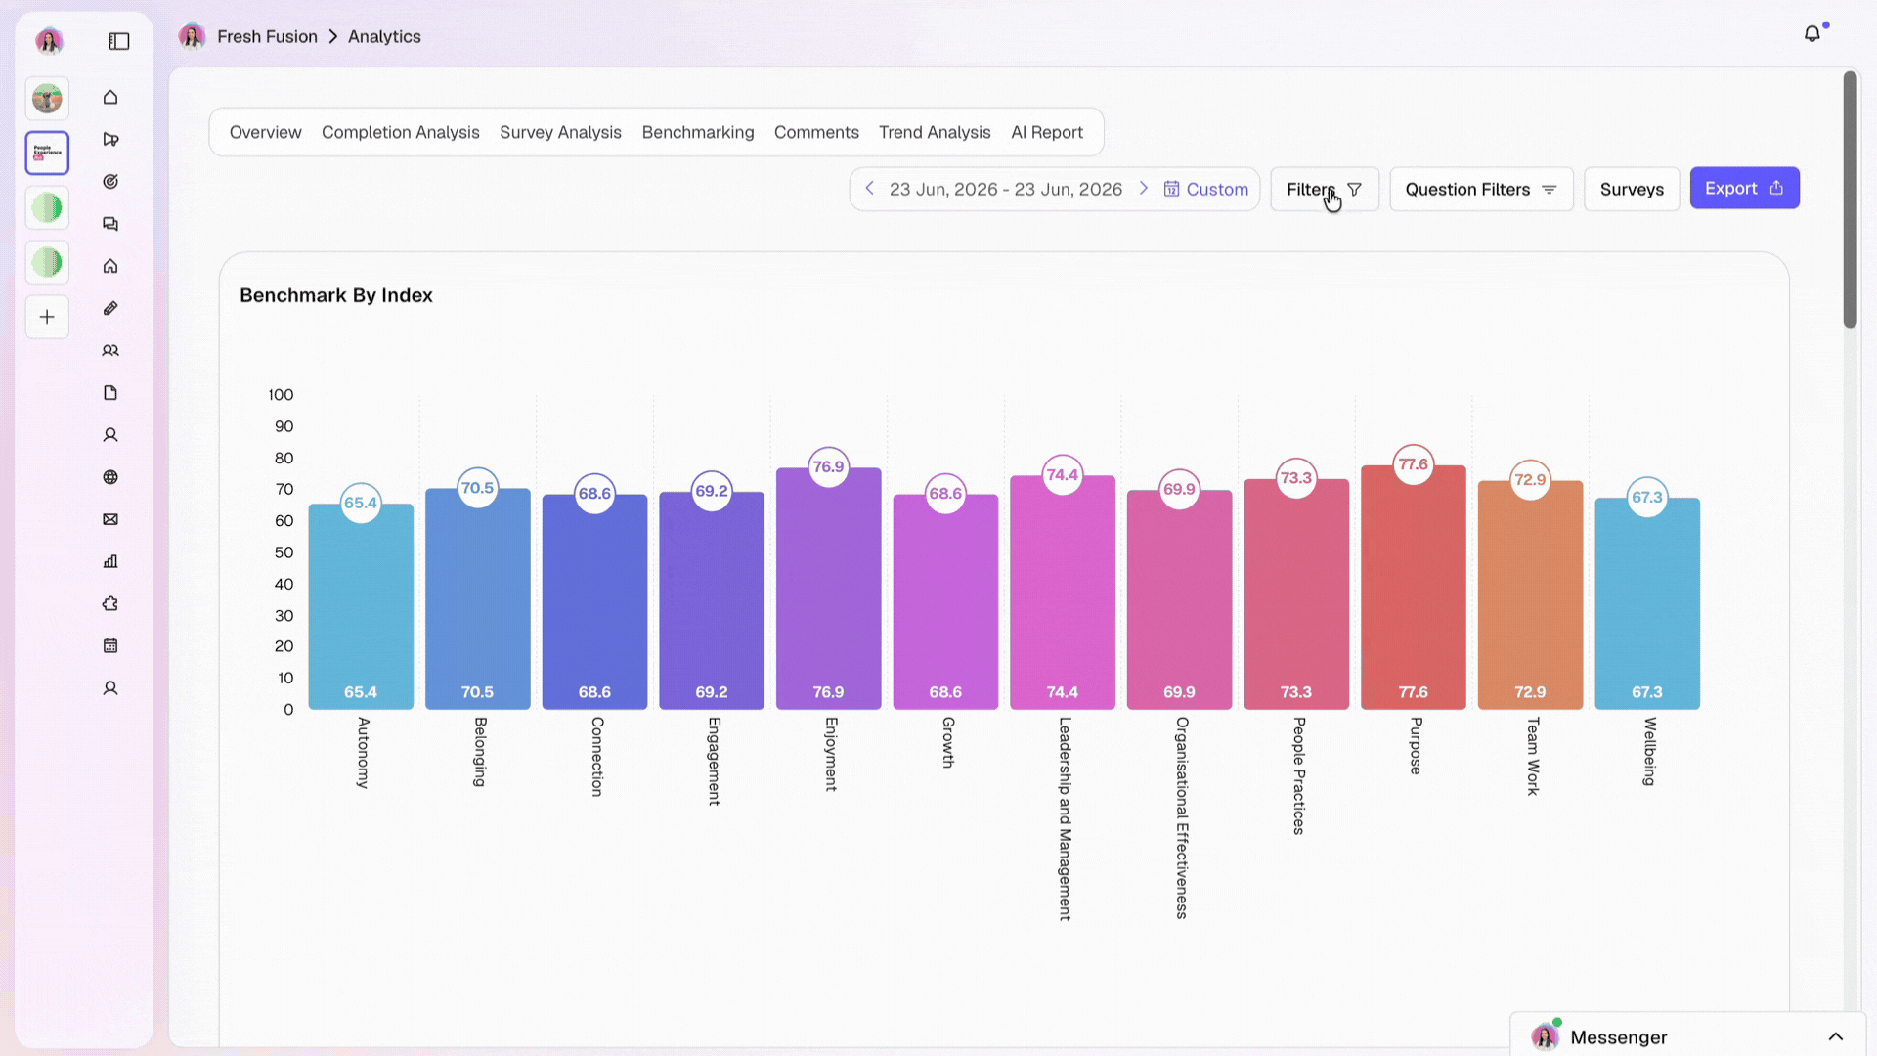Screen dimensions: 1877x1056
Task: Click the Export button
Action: (1744, 188)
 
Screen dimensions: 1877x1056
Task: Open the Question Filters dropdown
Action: (1481, 189)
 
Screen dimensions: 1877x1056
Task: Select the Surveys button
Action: (1632, 189)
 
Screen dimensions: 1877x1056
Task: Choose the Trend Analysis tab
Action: (935, 132)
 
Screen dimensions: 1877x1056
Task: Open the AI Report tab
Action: (1047, 132)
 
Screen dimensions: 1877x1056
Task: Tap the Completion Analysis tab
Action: (401, 132)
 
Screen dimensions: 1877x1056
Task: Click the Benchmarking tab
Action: (698, 132)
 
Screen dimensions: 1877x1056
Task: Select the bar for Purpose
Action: (1413, 587)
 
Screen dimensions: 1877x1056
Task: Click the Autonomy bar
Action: (361, 606)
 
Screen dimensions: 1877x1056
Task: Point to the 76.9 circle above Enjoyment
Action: (828, 466)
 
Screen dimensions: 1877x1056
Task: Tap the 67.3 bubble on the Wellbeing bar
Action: (1647, 497)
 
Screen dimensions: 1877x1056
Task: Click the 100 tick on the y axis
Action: (281, 395)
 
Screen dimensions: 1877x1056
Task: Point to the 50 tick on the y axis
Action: (284, 552)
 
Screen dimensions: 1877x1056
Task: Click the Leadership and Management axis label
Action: (1065, 818)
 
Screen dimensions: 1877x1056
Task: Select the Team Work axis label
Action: (1532, 756)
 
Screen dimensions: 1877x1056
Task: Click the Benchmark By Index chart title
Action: (336, 295)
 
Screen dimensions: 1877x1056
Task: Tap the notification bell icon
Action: (1812, 34)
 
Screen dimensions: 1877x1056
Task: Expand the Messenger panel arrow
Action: (1836, 1036)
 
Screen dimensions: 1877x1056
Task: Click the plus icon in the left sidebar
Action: (47, 317)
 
